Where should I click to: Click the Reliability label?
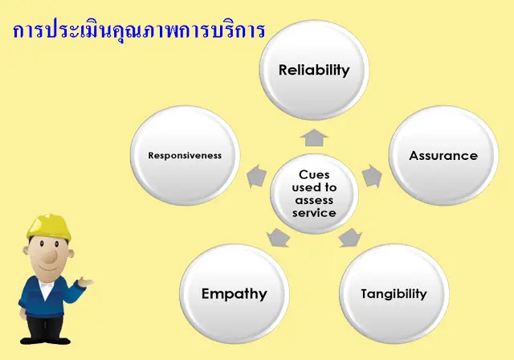click(x=314, y=70)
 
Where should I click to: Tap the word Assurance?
click(x=443, y=156)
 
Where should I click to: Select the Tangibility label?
click(x=393, y=293)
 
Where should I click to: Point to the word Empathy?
click(x=234, y=293)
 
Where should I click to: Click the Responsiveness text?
click(x=185, y=156)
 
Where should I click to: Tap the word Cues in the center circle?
click(x=314, y=174)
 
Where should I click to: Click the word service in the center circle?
click(x=314, y=213)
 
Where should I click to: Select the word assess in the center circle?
click(x=314, y=200)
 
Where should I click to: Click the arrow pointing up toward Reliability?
click(x=314, y=136)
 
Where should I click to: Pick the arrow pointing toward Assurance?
click(x=371, y=174)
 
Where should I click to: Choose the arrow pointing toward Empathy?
click(x=278, y=237)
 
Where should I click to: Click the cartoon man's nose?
click(x=50, y=259)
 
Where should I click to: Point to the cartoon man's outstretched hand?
click(x=85, y=283)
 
